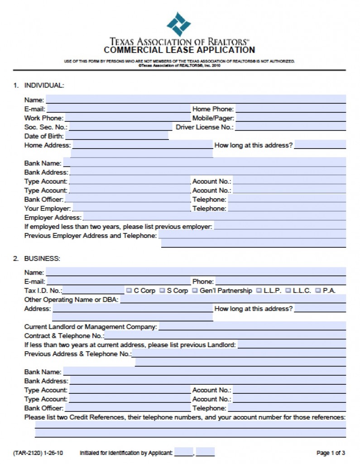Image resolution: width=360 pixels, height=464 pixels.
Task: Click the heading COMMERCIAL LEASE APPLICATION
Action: click(179, 50)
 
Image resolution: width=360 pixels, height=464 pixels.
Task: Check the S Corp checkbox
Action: click(162, 290)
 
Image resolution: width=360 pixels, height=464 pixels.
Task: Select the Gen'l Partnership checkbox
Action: click(195, 290)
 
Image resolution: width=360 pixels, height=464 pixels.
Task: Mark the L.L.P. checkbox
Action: click(259, 290)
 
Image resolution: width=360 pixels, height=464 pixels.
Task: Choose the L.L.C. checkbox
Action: click(288, 290)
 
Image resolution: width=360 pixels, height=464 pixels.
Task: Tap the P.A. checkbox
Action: click(318, 290)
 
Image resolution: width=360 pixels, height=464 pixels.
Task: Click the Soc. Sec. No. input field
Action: click(120, 127)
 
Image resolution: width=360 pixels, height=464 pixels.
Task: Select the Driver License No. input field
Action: click(290, 127)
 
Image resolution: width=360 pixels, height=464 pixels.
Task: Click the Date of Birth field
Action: click(117, 136)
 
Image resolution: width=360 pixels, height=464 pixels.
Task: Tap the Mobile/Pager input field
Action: click(291, 118)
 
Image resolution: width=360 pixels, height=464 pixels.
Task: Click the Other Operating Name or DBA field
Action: click(233, 300)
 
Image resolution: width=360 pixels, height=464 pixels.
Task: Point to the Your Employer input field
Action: click(131, 208)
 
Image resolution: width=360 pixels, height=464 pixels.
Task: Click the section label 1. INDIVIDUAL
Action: click(39, 85)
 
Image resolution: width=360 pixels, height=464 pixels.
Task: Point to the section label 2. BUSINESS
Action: click(37, 259)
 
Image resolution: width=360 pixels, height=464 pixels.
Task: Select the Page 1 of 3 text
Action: click(331, 453)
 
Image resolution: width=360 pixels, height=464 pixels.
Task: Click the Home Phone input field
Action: click(291, 109)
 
